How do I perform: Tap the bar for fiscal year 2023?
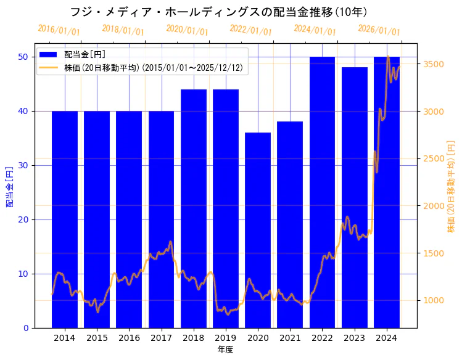click(x=354, y=197)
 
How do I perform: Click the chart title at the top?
click(x=219, y=12)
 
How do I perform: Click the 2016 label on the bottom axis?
click(x=129, y=338)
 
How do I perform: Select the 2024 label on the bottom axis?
click(x=386, y=338)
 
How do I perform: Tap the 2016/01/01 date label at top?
click(x=59, y=30)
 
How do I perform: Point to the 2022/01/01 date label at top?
click(x=250, y=30)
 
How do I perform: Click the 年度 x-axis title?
click(x=225, y=350)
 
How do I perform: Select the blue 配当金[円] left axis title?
click(x=9, y=186)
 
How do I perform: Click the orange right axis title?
click(x=451, y=186)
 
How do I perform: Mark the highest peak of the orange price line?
click(x=388, y=56)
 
